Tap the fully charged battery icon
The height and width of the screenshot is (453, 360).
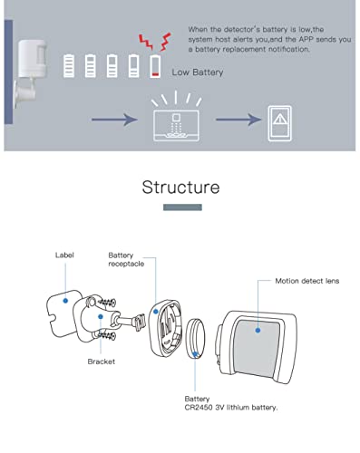click(x=70, y=64)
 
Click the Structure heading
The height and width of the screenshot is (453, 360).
click(x=180, y=188)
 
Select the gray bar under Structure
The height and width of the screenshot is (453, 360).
click(x=180, y=207)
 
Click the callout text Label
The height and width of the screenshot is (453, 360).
click(x=64, y=255)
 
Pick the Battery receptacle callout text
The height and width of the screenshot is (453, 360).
click(x=126, y=261)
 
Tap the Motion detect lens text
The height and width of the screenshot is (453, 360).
click(x=306, y=281)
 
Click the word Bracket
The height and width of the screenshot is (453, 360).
click(x=101, y=361)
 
